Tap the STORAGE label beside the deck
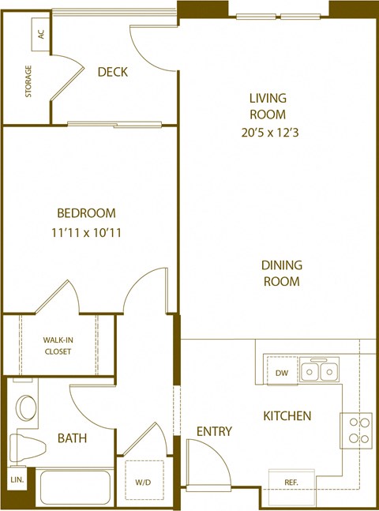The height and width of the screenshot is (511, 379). tap(29, 84)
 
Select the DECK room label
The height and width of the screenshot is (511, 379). tap(113, 73)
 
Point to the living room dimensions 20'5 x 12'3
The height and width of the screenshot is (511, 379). tap(268, 132)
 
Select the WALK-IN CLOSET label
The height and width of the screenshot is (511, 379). tap(58, 345)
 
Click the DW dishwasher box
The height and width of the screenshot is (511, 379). tap(282, 374)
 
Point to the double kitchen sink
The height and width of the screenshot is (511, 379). tap(322, 369)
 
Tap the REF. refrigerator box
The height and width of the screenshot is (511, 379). tap(292, 480)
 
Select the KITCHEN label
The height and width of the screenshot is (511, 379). tap(287, 416)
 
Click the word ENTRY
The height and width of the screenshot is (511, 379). tap(215, 431)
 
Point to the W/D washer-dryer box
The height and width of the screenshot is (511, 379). tap(142, 480)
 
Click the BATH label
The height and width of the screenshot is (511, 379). tap(72, 438)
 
